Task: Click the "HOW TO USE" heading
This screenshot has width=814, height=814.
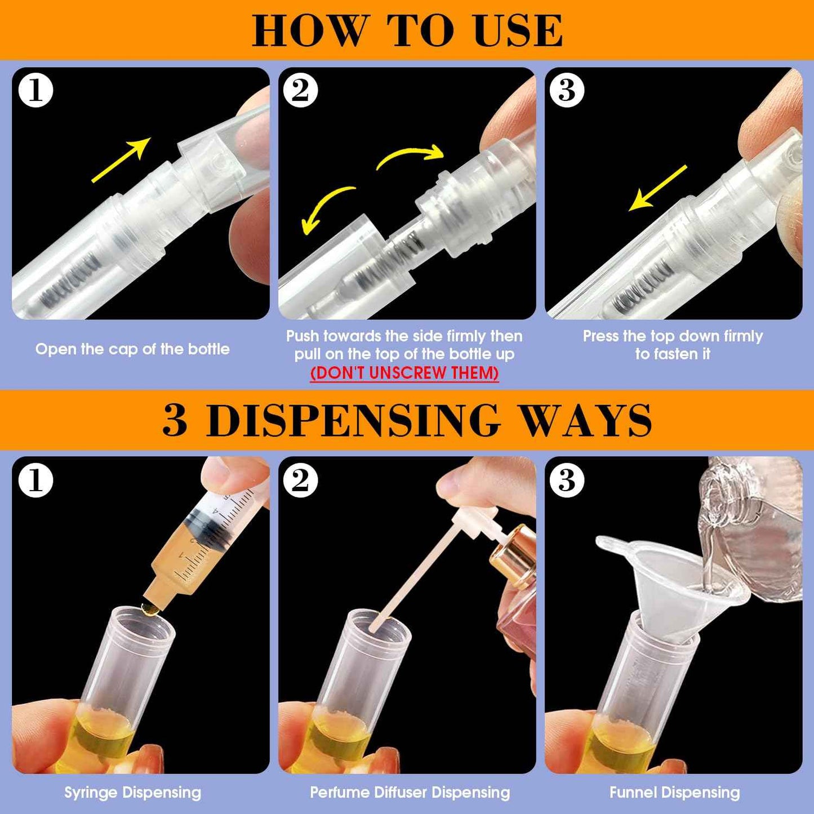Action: point(407,30)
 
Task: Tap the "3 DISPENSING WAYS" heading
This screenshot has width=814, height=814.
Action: point(407,420)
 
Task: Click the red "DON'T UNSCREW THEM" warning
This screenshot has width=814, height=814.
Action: point(404,373)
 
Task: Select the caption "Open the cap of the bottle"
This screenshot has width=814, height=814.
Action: point(132,349)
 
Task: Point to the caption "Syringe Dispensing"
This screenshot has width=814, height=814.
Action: point(132,793)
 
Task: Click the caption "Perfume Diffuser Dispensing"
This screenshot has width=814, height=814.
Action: point(410,793)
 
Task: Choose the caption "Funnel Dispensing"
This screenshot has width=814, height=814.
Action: point(674,793)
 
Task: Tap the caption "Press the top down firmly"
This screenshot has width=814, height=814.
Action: point(673,336)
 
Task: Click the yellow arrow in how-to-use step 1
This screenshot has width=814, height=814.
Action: point(121,161)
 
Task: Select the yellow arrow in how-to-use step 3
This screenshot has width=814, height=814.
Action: point(657,189)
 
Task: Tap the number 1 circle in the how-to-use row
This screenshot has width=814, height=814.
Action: point(35,90)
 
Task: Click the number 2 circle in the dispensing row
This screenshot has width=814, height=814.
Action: point(300,481)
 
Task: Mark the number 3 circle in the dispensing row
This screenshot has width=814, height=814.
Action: point(567,481)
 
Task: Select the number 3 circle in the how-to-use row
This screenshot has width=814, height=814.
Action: point(567,90)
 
